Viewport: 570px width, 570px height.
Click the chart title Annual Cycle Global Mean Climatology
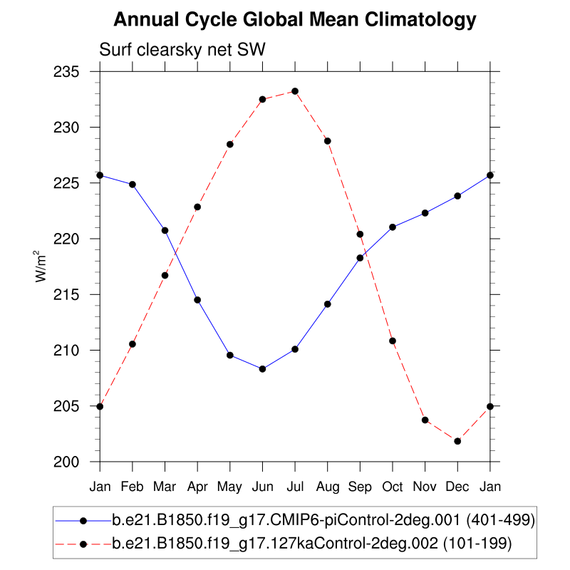click(x=294, y=20)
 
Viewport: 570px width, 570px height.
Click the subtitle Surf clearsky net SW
click(x=182, y=50)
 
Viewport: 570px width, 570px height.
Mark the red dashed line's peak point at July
click(x=295, y=91)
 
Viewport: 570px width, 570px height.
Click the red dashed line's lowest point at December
click(x=457, y=441)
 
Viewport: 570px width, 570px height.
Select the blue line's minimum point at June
click(x=262, y=369)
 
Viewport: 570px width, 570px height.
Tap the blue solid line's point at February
click(x=133, y=185)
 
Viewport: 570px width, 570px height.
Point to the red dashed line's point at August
click(x=328, y=141)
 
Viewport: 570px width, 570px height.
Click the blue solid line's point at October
click(x=393, y=227)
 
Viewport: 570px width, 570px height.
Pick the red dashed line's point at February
click(x=133, y=344)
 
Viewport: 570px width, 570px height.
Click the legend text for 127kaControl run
click(x=311, y=544)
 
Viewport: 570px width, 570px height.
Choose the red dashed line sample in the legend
click(x=83, y=544)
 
